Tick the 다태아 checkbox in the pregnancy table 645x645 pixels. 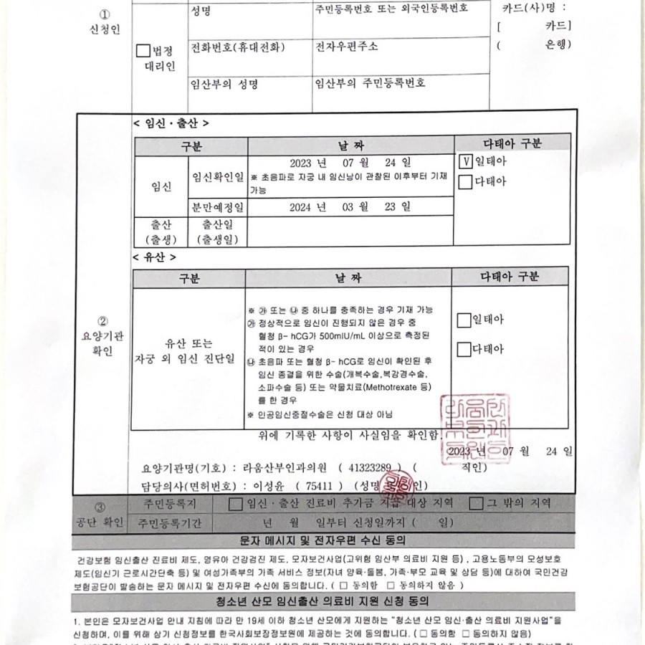(465, 181)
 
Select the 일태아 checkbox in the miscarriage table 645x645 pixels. (464, 320)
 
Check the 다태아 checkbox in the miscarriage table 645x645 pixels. (464, 350)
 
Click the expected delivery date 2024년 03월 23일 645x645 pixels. (350, 207)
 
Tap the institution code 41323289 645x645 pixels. (369, 468)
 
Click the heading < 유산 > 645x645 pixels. (154, 256)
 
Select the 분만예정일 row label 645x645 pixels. (216, 208)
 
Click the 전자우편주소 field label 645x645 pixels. (347, 47)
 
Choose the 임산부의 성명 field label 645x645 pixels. (224, 84)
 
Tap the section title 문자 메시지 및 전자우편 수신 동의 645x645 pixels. (322, 538)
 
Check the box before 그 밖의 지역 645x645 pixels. (476, 504)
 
